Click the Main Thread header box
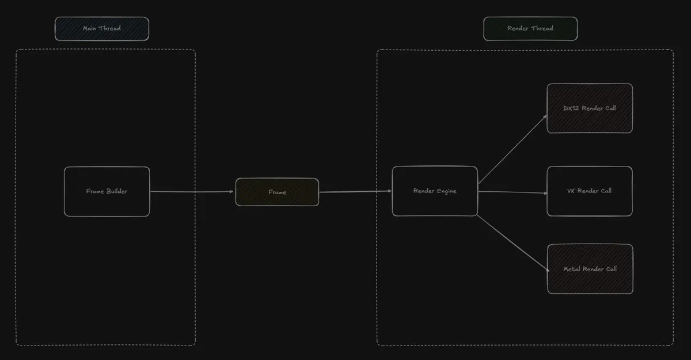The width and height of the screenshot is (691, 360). pyautogui.click(x=102, y=29)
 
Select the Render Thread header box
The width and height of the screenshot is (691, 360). pyautogui.click(x=530, y=29)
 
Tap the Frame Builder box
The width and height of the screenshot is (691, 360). pyautogui.click(x=107, y=192)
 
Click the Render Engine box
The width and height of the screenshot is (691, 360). pyautogui.click(x=435, y=191)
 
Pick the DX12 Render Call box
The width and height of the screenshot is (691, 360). pyautogui.click(x=590, y=108)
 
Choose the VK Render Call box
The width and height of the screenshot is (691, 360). pyautogui.click(x=590, y=191)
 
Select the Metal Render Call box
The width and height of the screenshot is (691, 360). pyautogui.click(x=590, y=269)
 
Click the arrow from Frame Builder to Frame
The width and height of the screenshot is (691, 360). pyautogui.click(x=192, y=192)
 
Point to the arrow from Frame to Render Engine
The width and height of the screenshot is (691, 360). pyautogui.click(x=355, y=192)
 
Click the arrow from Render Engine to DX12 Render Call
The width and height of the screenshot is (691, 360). pyautogui.click(x=512, y=149)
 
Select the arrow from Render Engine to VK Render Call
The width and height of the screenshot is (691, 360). pyautogui.click(x=512, y=192)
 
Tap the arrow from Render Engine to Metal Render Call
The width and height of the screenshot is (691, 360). pyautogui.click(x=513, y=244)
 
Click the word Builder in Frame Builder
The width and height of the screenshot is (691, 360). pyautogui.click(x=117, y=191)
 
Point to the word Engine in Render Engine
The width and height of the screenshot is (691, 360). pyautogui.click(x=446, y=191)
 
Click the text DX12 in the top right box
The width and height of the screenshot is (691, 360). pyautogui.click(x=571, y=108)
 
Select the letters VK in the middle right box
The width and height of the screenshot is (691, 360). pyautogui.click(x=571, y=191)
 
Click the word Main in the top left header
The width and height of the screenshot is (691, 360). pyautogui.click(x=89, y=28)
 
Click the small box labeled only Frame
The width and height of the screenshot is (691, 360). pyautogui.click(x=277, y=192)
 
